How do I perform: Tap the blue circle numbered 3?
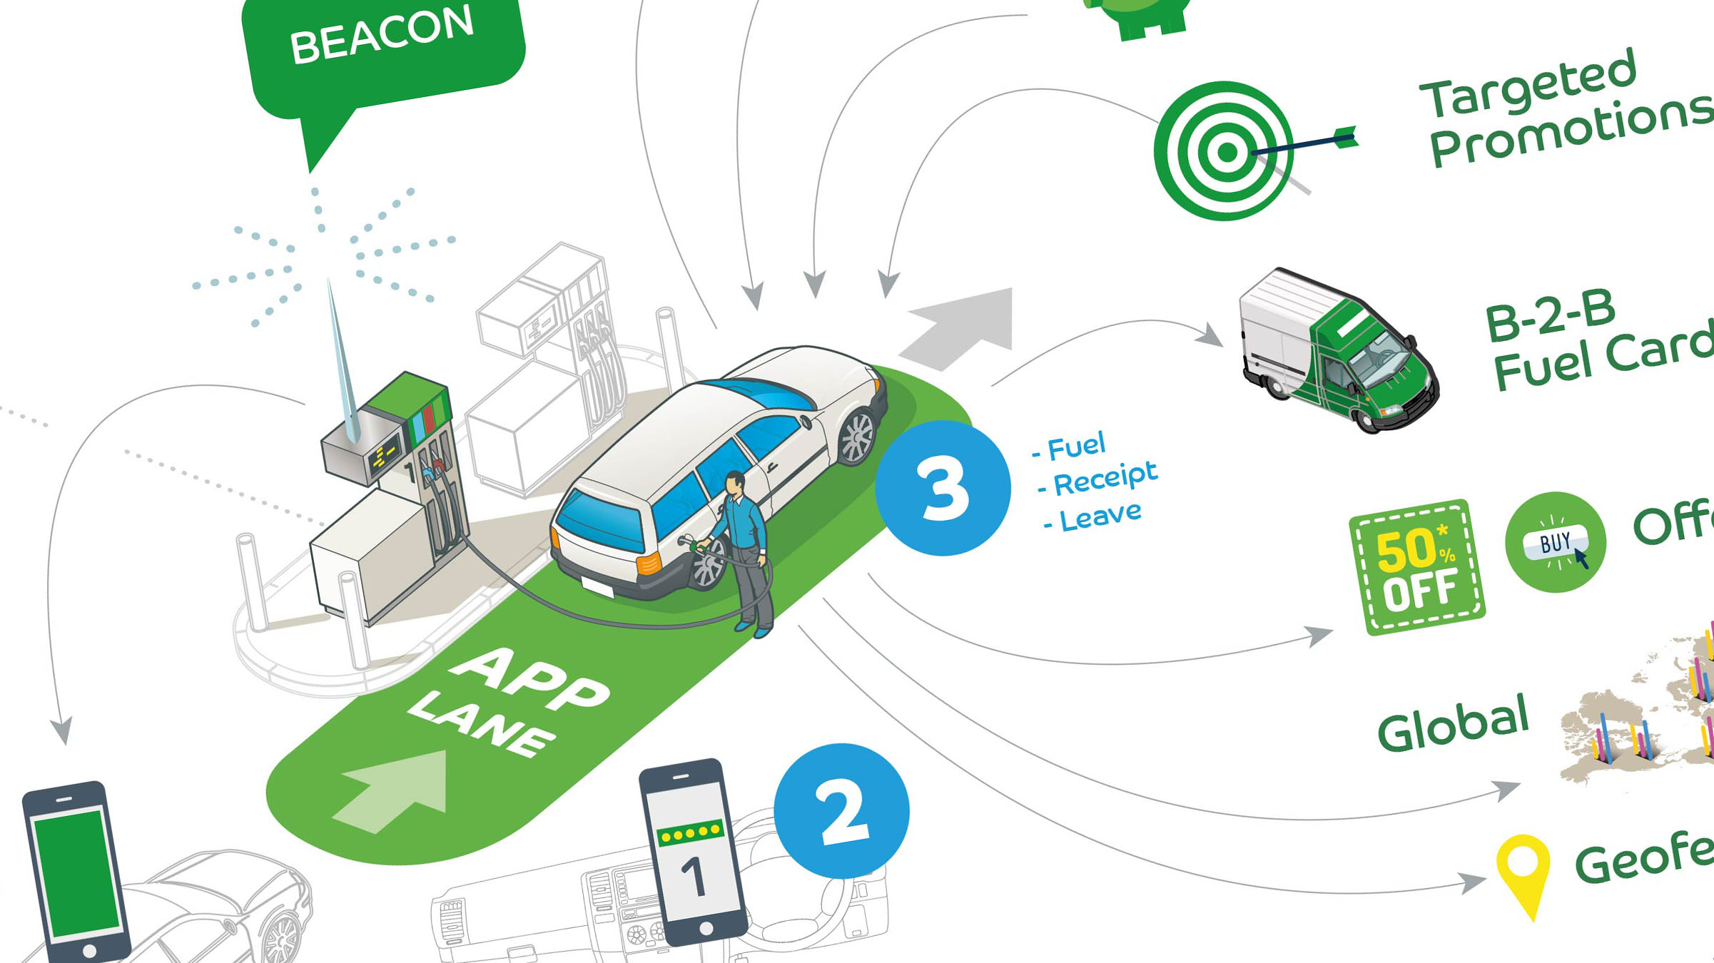click(943, 488)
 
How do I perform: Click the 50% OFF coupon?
click(1416, 567)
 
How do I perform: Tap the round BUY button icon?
click(1556, 542)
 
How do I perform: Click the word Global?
click(1453, 724)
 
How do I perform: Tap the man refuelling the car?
click(746, 549)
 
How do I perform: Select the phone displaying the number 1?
click(693, 852)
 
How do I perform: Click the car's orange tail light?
click(649, 564)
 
